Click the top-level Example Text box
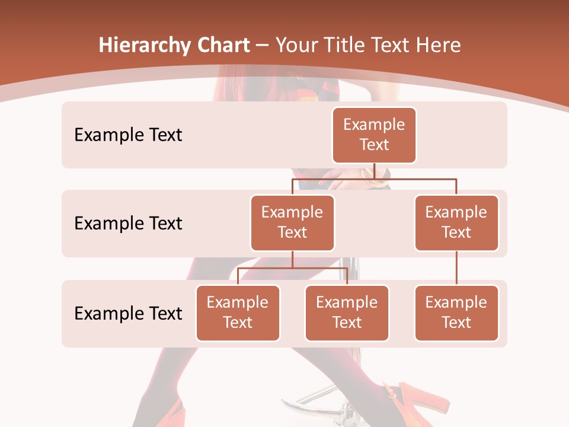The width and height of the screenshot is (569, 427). click(x=374, y=135)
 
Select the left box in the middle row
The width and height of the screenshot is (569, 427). click(x=292, y=222)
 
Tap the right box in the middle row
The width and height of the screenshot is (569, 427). click(x=456, y=222)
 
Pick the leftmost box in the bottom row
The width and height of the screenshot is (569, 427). click(x=238, y=313)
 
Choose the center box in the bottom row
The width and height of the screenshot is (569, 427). click(x=347, y=313)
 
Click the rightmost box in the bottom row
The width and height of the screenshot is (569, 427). click(x=456, y=313)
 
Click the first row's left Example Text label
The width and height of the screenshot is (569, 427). click(x=128, y=135)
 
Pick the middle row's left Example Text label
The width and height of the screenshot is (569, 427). click(x=128, y=223)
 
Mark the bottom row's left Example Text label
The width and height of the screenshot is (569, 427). click(x=128, y=313)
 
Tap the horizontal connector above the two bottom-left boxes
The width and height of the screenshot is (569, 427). click(x=292, y=268)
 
